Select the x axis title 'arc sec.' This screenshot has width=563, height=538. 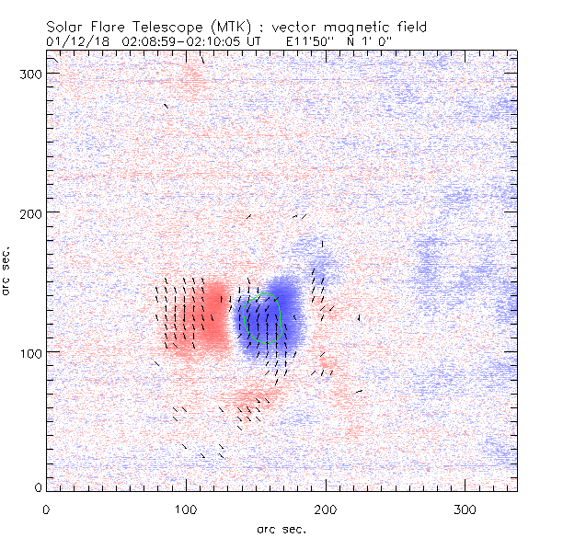click(281, 528)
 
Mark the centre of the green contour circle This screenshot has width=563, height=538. click(259, 320)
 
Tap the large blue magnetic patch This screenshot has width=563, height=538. click(276, 313)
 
